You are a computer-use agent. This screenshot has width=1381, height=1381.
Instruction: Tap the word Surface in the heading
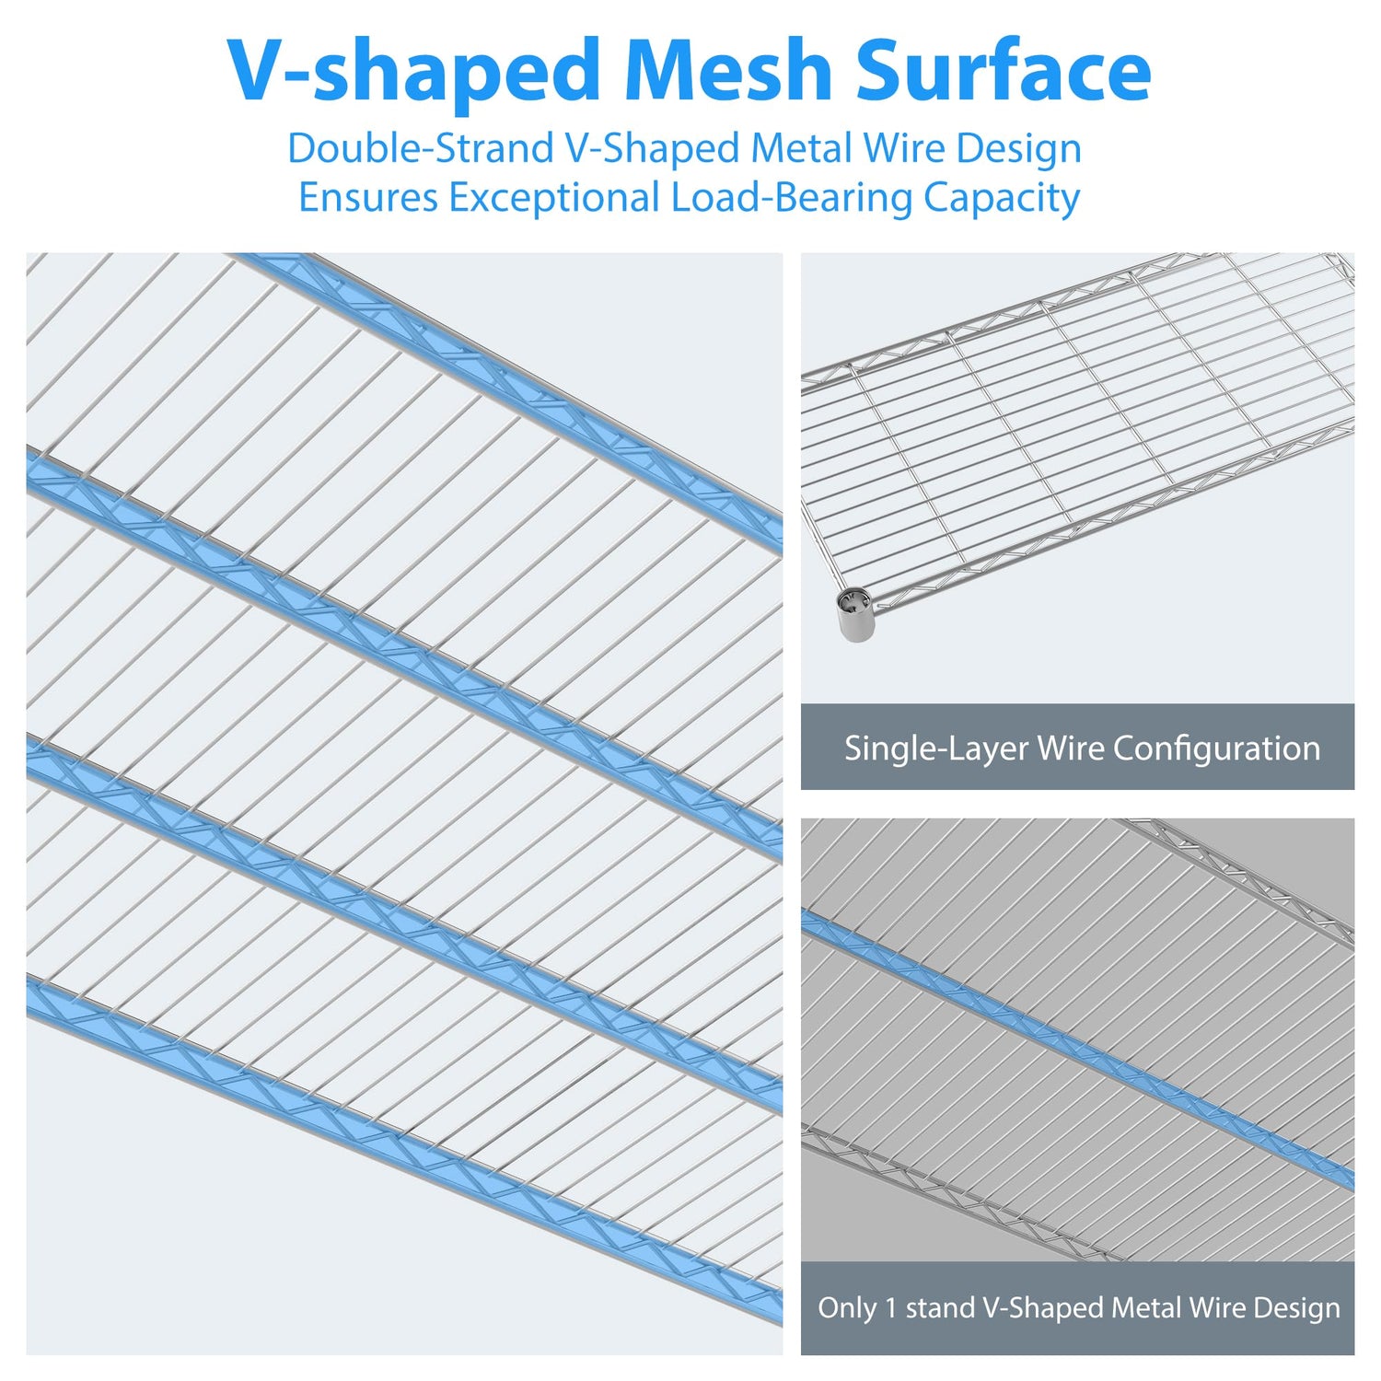pyautogui.click(x=1003, y=72)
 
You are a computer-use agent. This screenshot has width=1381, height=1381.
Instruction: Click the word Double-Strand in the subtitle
pyautogui.click(x=419, y=149)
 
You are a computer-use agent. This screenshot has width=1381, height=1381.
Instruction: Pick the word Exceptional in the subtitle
pyautogui.click(x=553, y=198)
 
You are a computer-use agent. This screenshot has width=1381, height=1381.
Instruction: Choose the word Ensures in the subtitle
pyautogui.click(x=368, y=198)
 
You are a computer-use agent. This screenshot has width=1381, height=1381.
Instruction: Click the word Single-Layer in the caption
pyautogui.click(x=936, y=749)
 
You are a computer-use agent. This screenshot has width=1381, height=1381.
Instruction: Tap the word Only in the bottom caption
pyautogui.click(x=847, y=1308)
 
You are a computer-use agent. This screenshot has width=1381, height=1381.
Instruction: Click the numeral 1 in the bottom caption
pyautogui.click(x=890, y=1308)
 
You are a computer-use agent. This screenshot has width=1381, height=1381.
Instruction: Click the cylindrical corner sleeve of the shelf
pyautogui.click(x=855, y=614)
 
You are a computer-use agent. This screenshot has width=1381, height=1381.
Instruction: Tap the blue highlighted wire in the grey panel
pyautogui.click(x=1077, y=1049)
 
